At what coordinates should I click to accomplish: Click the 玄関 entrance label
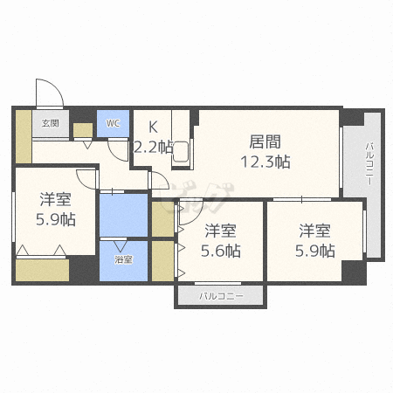[x=51, y=123]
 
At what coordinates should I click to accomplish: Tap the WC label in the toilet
[x=113, y=123]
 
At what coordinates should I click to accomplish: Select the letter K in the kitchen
[x=153, y=127]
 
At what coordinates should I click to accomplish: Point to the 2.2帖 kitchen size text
[x=153, y=147]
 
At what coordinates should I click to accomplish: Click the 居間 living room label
[x=265, y=141]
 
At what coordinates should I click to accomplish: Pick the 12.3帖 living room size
[x=265, y=162]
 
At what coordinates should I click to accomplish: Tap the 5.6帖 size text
[x=221, y=251]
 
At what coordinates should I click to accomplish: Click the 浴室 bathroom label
[x=123, y=259]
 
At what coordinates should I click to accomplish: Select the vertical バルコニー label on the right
[x=369, y=163]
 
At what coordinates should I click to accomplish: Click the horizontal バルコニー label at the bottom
[x=221, y=296]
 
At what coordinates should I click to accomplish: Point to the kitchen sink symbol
[x=181, y=152]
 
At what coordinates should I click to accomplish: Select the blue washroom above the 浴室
[x=123, y=215]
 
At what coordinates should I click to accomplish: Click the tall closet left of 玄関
[x=24, y=136]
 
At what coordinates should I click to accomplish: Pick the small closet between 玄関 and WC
[x=83, y=130]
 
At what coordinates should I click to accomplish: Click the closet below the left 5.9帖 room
[x=42, y=270]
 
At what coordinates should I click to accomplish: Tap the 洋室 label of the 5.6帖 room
[x=220, y=231]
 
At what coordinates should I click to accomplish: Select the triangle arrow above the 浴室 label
[x=120, y=246]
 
